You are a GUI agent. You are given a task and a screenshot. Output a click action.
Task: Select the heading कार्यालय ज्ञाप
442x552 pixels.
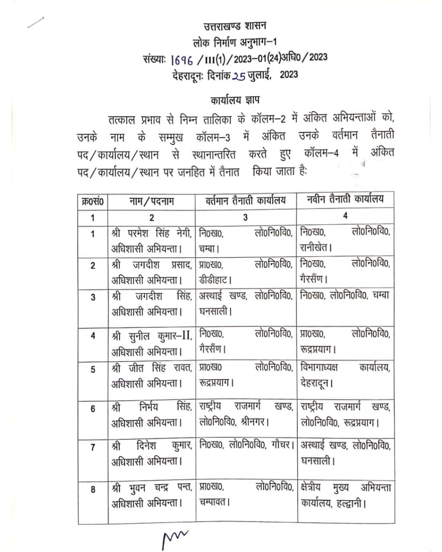click(235, 100)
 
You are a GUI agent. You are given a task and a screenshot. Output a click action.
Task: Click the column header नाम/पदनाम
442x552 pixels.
click(152, 201)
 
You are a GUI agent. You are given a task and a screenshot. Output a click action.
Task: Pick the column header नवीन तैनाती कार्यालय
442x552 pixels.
click(345, 200)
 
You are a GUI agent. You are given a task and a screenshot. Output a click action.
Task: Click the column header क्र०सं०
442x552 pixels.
click(93, 201)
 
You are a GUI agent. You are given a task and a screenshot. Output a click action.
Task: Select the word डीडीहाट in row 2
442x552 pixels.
click(215, 279)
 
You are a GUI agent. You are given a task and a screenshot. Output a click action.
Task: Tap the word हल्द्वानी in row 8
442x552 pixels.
click(351, 503)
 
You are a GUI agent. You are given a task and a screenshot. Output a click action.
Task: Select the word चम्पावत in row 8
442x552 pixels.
click(214, 502)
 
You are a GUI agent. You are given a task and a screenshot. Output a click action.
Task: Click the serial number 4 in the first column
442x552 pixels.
click(93, 336)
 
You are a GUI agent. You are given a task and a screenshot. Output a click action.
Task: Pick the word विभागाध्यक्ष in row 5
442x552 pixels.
click(319, 368)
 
